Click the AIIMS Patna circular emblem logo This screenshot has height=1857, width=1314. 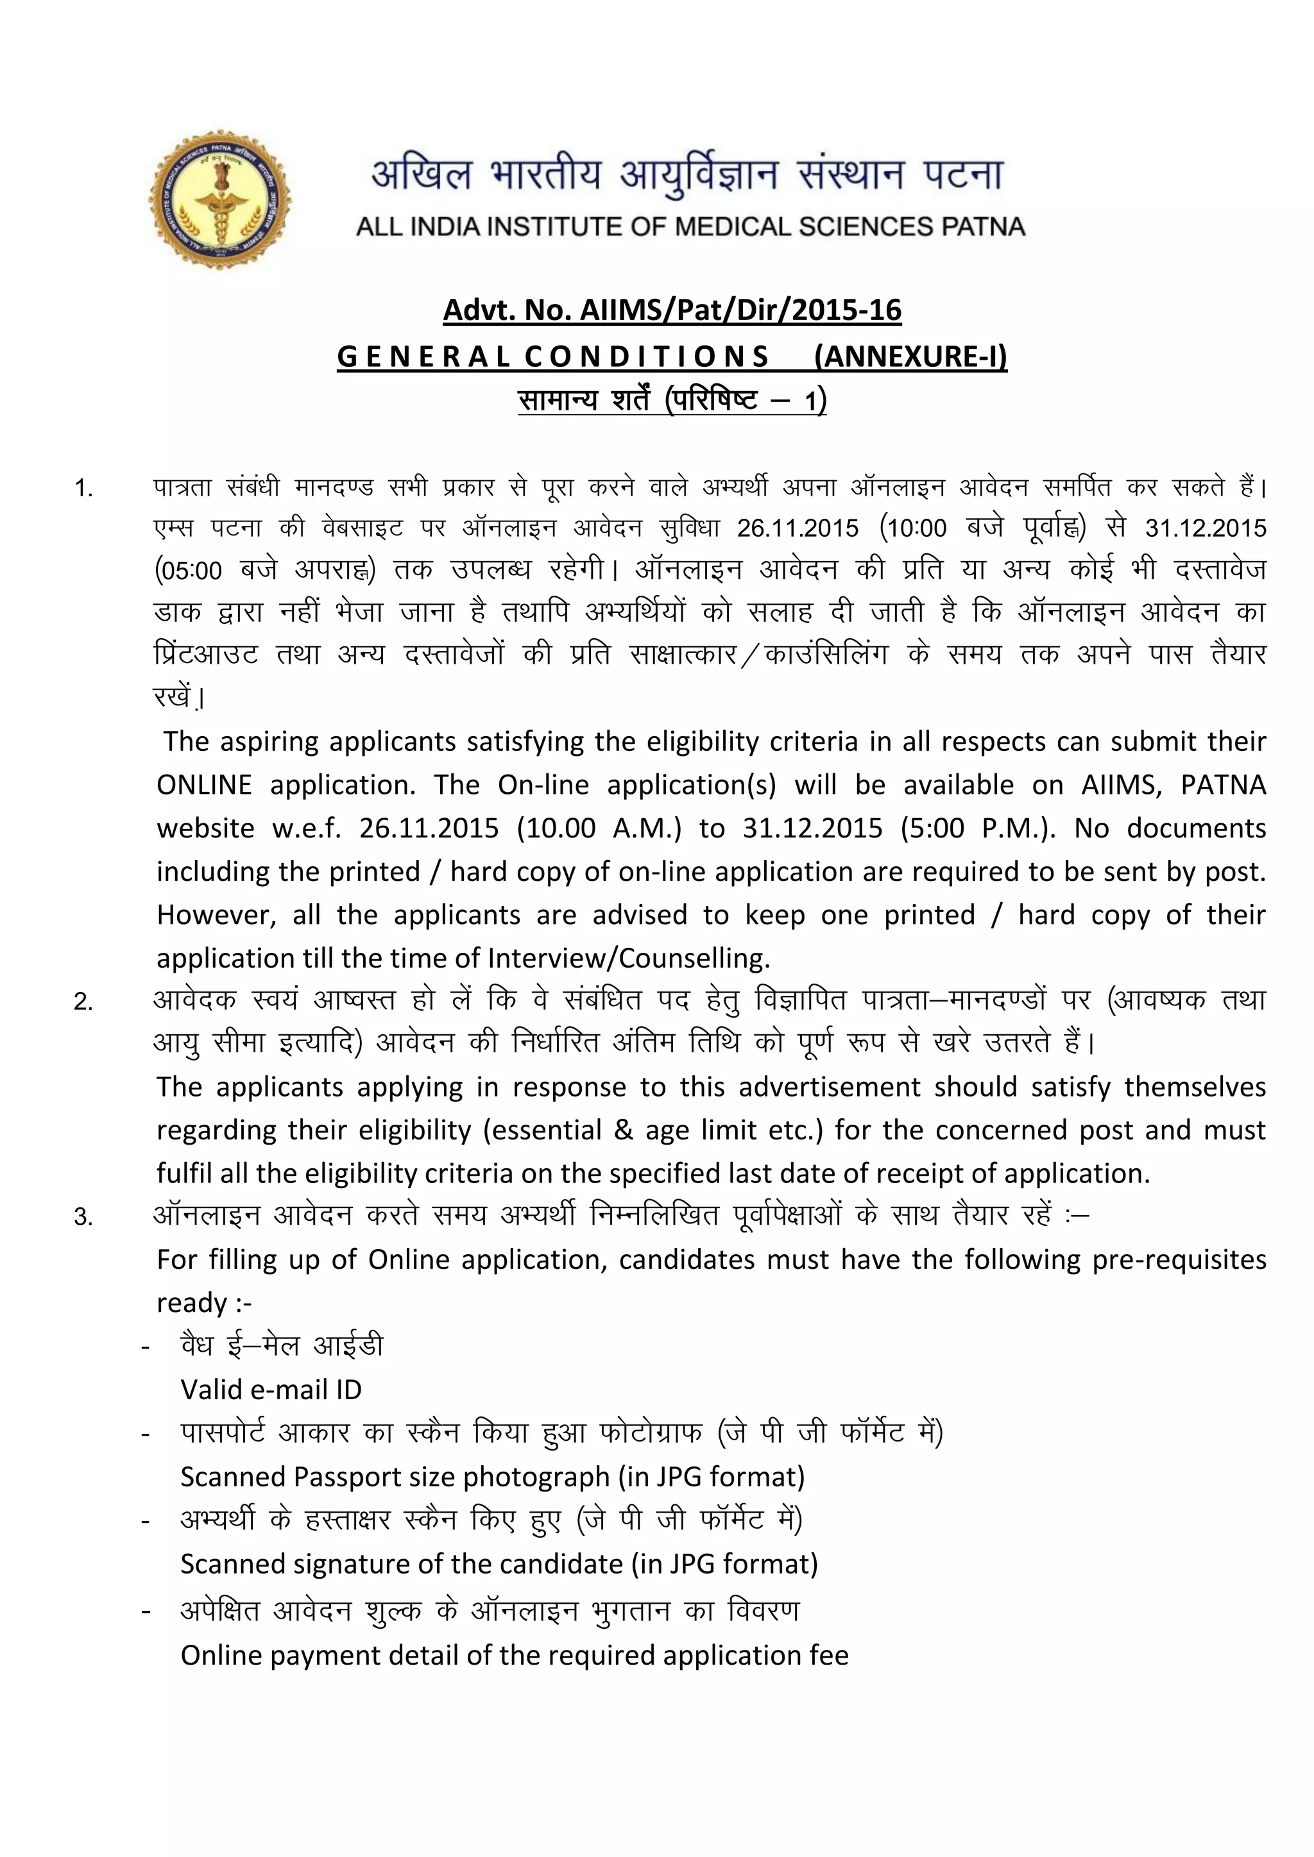pos(220,200)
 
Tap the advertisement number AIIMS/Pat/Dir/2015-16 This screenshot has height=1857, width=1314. pos(740,310)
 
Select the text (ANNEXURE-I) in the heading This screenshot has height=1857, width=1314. pos(910,356)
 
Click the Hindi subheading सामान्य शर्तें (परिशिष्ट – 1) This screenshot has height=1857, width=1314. pos(672,399)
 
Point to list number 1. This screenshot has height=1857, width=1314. pos(83,488)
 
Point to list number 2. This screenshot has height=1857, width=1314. pos(83,1002)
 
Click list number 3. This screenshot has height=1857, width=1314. pos(83,1217)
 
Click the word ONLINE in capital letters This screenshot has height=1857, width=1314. pos(204,784)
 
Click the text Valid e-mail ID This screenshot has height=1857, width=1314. pos(271,1390)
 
